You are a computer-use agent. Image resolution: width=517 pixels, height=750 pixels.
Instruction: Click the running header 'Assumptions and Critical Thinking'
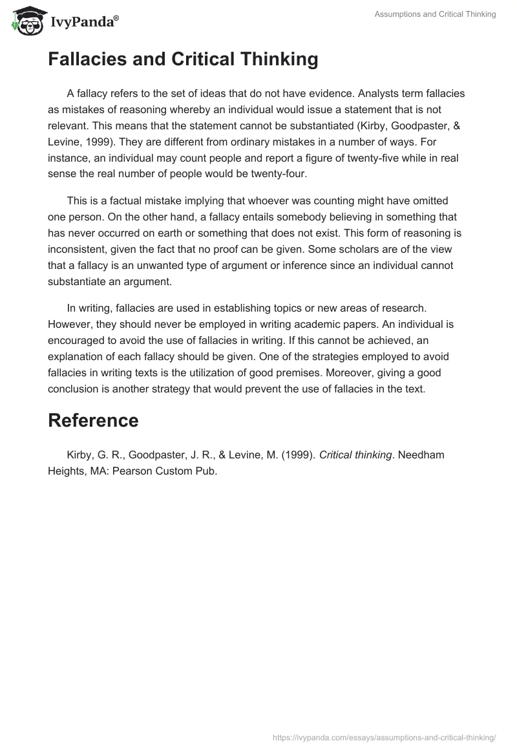point(435,14)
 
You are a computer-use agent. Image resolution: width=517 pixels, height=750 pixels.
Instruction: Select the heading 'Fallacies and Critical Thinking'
point(183,59)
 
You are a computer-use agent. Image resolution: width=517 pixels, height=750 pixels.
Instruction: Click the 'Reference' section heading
point(93,420)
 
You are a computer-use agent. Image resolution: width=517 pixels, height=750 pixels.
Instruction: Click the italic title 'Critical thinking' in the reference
point(355,455)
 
